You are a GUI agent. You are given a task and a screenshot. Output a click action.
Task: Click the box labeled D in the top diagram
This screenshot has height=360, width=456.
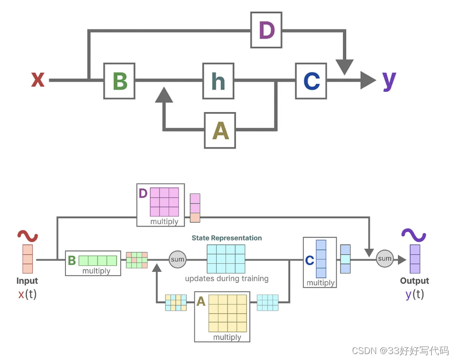click(x=266, y=31)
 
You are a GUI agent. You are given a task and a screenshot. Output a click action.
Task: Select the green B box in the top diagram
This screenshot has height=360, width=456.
click(x=119, y=81)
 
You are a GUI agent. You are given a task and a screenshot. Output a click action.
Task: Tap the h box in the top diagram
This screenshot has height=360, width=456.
click(x=219, y=81)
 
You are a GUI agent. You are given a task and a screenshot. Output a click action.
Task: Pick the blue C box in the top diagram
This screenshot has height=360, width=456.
click(x=311, y=81)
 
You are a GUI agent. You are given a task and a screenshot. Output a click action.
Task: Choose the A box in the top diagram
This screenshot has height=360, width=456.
click(x=220, y=130)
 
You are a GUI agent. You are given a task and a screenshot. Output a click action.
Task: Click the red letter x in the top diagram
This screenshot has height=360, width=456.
click(x=38, y=79)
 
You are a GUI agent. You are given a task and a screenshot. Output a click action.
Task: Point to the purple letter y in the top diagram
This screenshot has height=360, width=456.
click(x=389, y=79)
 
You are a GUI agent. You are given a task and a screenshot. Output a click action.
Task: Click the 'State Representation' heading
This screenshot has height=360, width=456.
click(x=227, y=238)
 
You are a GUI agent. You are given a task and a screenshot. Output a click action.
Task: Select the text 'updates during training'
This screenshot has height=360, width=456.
click(x=227, y=279)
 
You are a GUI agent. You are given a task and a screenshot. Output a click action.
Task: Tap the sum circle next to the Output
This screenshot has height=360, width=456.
click(x=385, y=258)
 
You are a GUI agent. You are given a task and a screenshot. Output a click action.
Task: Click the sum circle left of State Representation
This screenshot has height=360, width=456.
click(x=177, y=259)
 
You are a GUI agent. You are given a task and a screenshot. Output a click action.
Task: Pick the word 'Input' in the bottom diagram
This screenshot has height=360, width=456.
click(x=27, y=281)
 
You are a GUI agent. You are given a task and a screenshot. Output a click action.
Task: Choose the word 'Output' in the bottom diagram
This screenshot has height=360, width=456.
click(x=414, y=281)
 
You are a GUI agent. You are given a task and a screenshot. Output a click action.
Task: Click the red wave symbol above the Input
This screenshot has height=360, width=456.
click(x=28, y=236)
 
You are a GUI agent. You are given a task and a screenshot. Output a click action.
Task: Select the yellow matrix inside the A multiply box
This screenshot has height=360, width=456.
click(x=228, y=313)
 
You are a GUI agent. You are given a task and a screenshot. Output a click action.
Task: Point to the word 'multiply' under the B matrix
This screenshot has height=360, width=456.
click(x=97, y=271)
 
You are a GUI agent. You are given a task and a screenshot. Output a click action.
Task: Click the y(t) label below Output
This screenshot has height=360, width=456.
click(x=414, y=295)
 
